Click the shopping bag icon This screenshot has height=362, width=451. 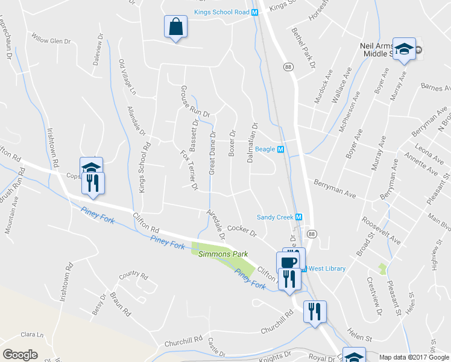coord(175,27)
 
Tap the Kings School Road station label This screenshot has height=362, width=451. coord(221,12)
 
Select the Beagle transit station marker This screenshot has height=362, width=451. coord(280,149)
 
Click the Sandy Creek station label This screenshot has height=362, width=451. coord(274,217)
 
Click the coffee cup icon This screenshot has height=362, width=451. coord(288,262)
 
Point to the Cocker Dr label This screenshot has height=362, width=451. coord(242,230)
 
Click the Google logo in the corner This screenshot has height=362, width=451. coord(20,355)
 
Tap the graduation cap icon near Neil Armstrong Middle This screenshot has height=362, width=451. coord(404,48)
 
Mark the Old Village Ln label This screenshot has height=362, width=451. coord(127,78)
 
